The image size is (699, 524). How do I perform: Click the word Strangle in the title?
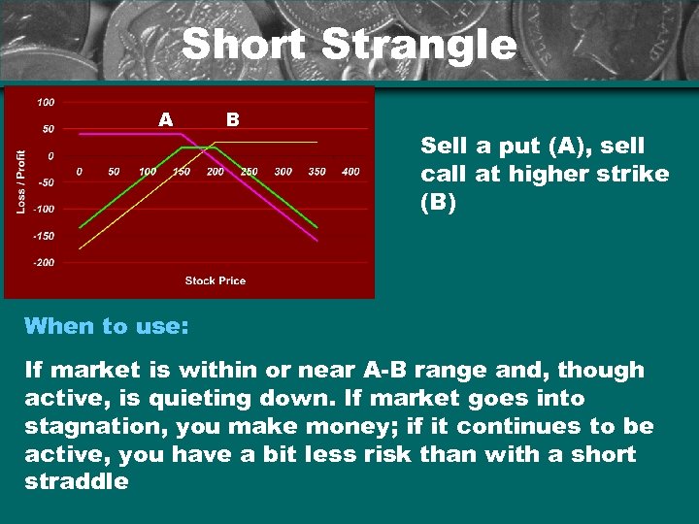pos(419,45)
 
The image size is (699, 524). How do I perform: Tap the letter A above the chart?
pos(166,119)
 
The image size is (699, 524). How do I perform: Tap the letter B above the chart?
pos(232,119)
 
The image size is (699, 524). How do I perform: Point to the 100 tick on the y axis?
pos(46,102)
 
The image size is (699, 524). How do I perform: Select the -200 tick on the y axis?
pos(44,262)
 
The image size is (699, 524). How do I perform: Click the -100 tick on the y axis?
pos(44,209)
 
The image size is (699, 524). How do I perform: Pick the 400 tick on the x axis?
pos(350,172)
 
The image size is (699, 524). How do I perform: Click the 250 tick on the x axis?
pos(250,172)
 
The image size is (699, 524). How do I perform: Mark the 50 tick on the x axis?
pos(114,172)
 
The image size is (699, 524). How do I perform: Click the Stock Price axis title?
pos(216,280)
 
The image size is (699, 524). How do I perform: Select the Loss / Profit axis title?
pos(21,181)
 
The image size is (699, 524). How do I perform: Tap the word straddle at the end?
pos(76,481)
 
